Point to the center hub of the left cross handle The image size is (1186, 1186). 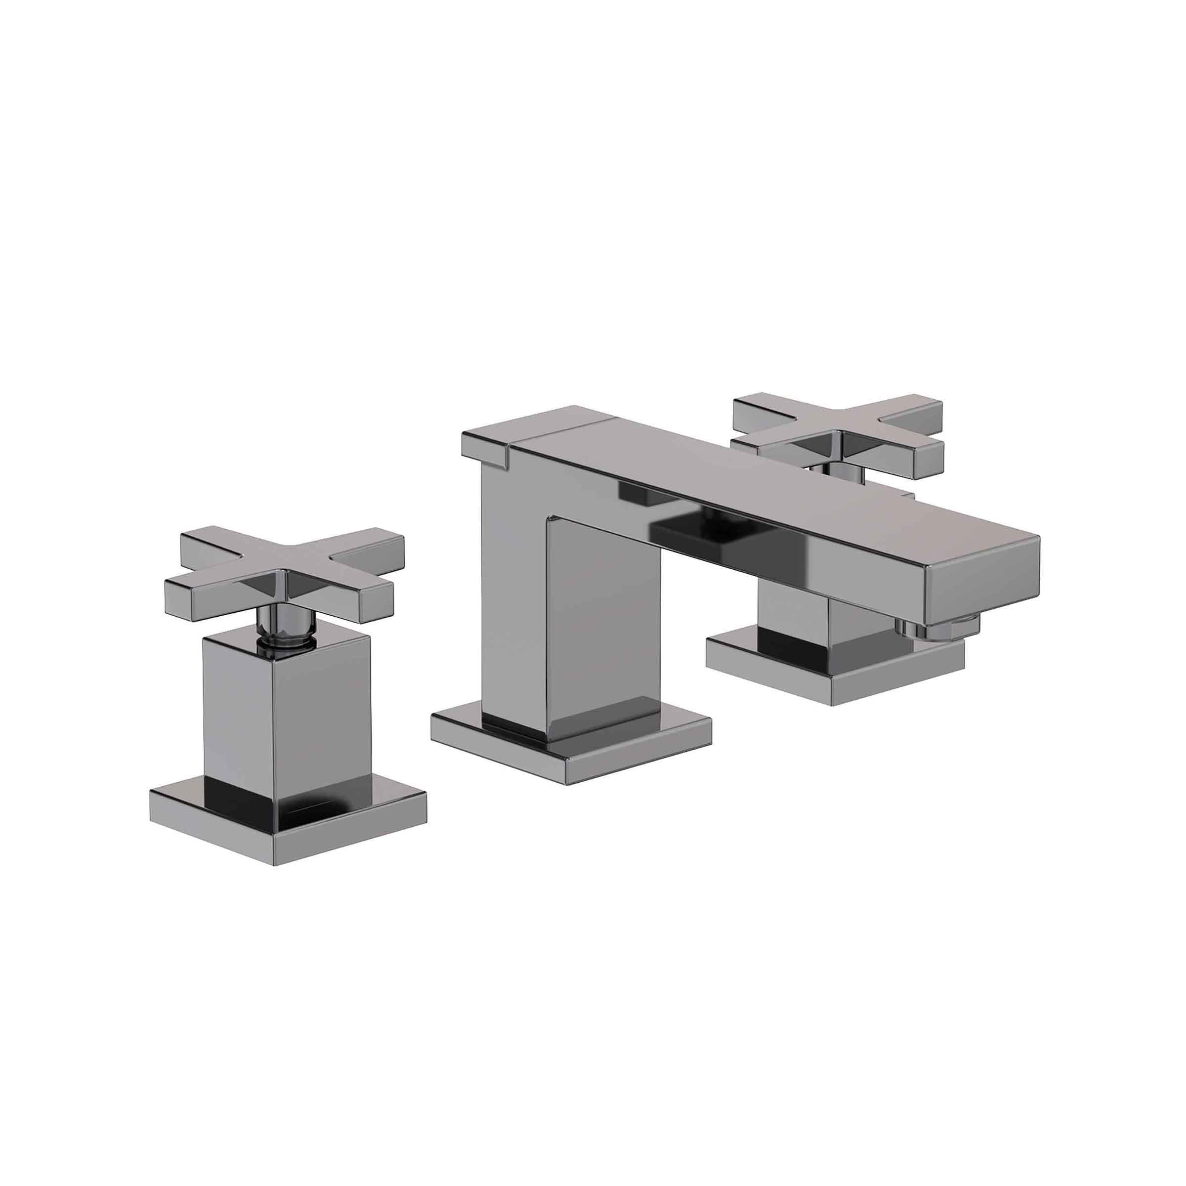284,577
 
